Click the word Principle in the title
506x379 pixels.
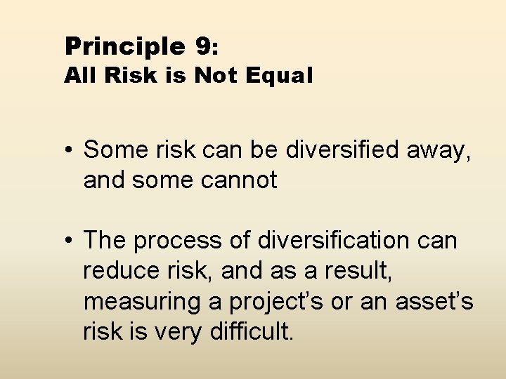coord(124,47)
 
